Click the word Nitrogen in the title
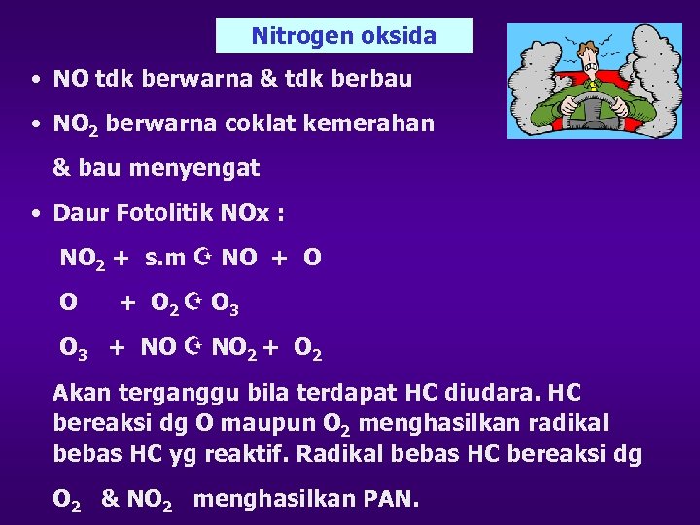[x=290, y=36]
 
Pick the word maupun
[x=262, y=424]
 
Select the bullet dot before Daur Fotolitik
[x=35, y=213]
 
